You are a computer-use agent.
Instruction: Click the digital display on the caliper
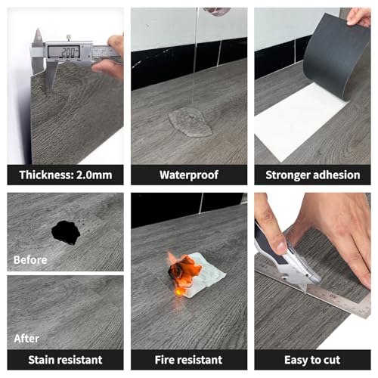(64, 52)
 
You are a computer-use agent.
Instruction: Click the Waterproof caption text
(189, 175)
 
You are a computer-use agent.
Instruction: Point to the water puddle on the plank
(191, 122)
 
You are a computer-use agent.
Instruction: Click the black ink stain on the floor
(66, 232)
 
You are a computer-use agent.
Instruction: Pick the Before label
(30, 260)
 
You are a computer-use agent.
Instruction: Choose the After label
(26, 339)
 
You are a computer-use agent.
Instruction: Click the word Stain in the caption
(43, 360)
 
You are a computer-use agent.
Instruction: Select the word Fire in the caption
(164, 360)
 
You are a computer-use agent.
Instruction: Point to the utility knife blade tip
(306, 293)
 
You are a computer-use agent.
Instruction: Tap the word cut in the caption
(332, 360)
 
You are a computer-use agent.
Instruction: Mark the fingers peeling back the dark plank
(358, 17)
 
